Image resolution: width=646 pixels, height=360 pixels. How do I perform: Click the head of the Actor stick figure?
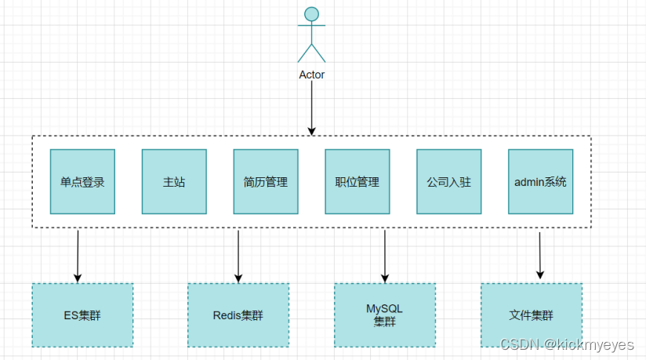(311, 14)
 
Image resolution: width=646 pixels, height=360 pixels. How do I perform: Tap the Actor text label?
(311, 75)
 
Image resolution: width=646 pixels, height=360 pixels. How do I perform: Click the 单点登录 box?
(82, 181)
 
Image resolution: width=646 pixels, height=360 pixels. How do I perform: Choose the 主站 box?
(174, 181)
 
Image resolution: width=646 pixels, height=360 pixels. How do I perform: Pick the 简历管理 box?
(266, 181)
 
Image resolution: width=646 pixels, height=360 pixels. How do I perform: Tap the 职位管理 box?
(357, 181)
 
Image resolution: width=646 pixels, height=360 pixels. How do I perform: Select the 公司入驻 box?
(448, 181)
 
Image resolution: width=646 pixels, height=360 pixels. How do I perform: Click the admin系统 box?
(540, 181)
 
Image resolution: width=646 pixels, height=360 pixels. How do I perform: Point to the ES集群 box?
(82, 315)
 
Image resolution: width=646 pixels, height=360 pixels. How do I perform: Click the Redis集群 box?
(238, 315)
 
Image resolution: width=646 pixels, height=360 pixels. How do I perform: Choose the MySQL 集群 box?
(385, 315)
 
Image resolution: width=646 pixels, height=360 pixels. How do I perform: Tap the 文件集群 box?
(531, 315)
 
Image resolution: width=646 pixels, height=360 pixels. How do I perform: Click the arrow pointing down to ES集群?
(78, 255)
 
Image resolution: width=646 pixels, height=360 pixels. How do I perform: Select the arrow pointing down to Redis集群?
(238, 255)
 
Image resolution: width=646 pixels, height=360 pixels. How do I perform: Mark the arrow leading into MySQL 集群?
(385, 255)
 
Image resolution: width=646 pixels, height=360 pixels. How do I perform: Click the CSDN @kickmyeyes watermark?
(569, 344)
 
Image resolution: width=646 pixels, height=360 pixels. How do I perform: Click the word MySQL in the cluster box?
(385, 309)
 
